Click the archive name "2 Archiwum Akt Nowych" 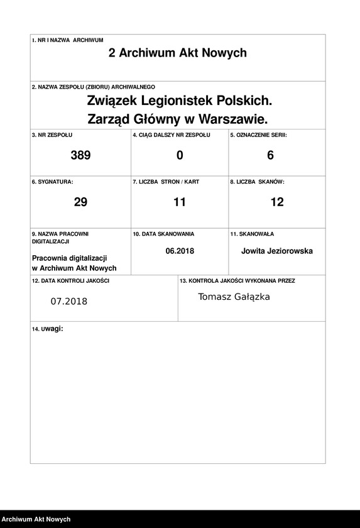pos(178,53)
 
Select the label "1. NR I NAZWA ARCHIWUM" pos(67,40)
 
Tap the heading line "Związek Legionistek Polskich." pos(179,100)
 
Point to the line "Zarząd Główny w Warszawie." pos(178,118)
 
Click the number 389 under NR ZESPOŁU pos(80,155)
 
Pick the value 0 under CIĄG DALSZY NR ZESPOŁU pos(180,155)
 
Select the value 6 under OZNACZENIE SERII pos(271,155)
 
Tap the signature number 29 pos(80,202)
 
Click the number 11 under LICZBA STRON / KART pos(180,202)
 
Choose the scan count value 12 pos(276,202)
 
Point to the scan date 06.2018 pos(180,251)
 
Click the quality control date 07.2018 pos(69,301)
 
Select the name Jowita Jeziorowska pos(277,251)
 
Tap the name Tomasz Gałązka pos(234,297)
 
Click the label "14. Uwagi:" pos(48,329)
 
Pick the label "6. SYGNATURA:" pos(52,182)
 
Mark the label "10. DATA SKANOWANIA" pos(163,234)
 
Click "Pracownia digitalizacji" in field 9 pos(70,258)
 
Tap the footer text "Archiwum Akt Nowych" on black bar pos(35,519)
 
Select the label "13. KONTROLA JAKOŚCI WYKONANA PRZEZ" pos(237,281)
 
